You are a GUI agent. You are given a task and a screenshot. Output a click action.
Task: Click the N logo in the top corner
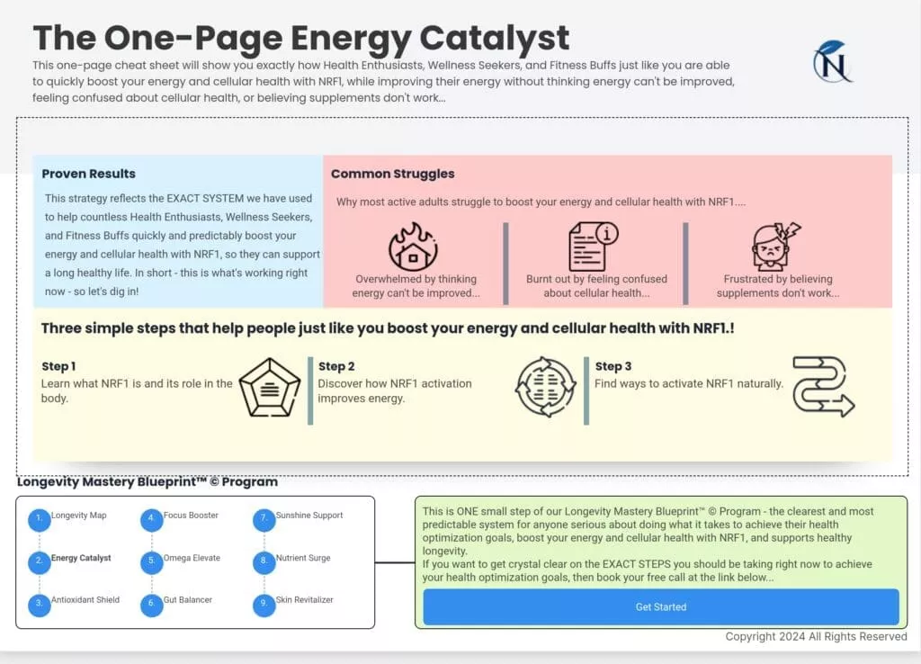click(x=833, y=62)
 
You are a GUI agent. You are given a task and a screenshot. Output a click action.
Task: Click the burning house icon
click(x=414, y=247)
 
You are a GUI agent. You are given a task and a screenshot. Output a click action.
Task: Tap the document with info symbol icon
click(x=594, y=247)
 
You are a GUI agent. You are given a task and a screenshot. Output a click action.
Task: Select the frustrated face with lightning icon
click(x=776, y=247)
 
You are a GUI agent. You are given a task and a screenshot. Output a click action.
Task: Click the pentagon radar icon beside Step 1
click(x=270, y=387)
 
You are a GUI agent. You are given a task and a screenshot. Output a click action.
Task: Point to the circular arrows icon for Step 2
click(x=546, y=387)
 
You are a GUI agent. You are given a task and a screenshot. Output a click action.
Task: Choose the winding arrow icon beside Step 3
click(x=824, y=387)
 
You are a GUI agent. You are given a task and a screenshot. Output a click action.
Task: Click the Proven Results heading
click(x=89, y=174)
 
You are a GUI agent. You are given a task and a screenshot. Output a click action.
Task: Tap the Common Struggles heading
click(x=392, y=174)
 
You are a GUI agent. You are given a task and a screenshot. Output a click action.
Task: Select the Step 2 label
click(x=336, y=366)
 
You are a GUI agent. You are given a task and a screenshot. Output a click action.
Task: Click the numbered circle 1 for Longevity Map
click(x=40, y=519)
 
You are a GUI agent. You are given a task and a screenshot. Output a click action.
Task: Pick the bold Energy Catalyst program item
click(x=81, y=558)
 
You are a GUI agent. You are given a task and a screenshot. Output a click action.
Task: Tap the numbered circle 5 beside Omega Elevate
click(x=151, y=561)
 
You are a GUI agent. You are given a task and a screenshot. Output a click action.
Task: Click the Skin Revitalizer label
click(x=304, y=600)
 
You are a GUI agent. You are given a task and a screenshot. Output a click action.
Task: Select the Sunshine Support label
click(x=309, y=516)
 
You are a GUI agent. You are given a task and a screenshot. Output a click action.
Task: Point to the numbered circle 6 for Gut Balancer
click(x=151, y=605)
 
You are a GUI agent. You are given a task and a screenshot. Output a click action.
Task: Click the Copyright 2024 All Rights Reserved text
click(x=816, y=636)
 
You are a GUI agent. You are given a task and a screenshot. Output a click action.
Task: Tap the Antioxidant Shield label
click(x=85, y=600)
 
